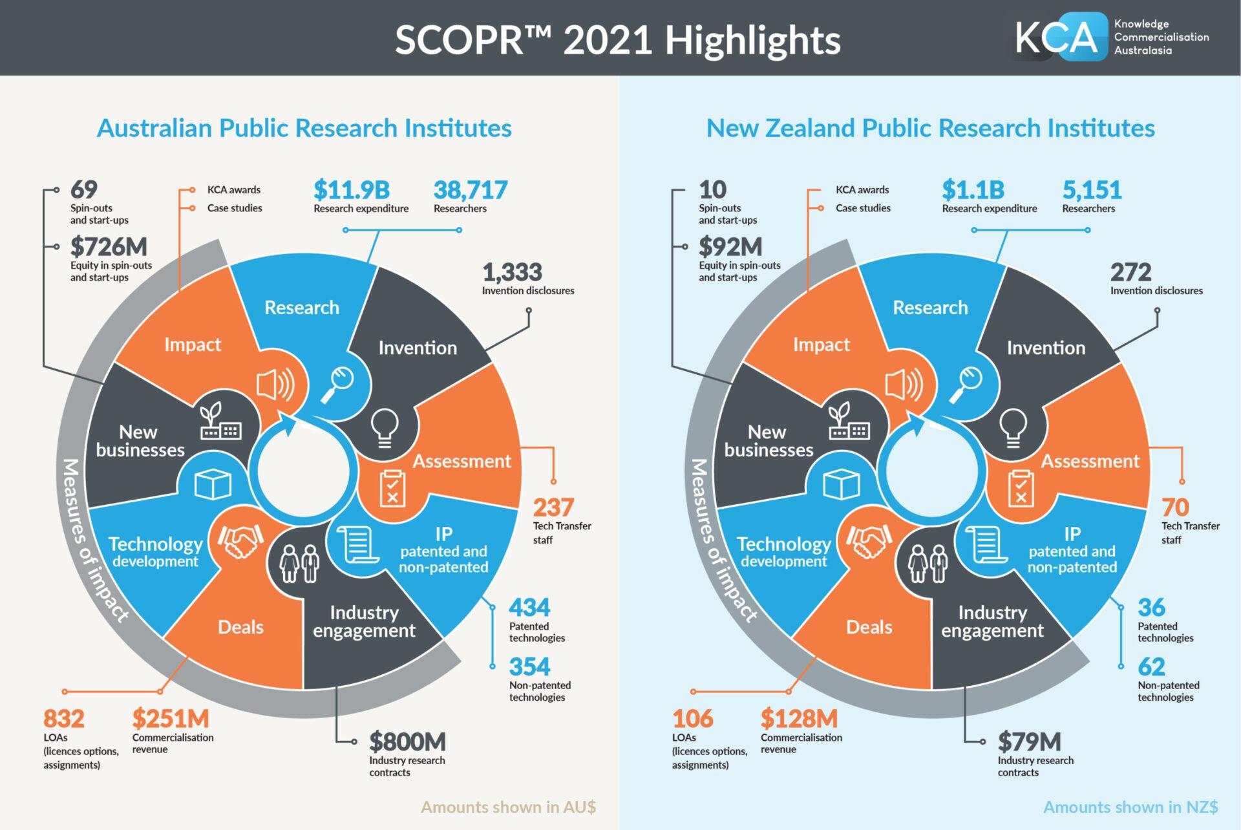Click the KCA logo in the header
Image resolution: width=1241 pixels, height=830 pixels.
tap(1112, 37)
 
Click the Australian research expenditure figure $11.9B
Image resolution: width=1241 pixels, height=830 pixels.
tap(352, 190)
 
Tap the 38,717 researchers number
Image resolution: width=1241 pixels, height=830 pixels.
tap(471, 190)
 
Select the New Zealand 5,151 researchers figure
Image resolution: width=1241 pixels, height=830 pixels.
tap(1092, 190)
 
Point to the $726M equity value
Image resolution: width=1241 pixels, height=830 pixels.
tap(109, 247)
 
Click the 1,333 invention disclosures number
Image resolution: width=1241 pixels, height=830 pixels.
tap(512, 272)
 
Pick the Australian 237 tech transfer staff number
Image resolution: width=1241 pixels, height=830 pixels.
tap(553, 507)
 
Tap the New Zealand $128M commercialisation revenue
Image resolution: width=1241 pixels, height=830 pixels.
tap(799, 719)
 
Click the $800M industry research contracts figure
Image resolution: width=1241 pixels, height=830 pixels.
tap(407, 742)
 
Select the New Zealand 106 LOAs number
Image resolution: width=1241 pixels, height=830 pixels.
tap(692, 719)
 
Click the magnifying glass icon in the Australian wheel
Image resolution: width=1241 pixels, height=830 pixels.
tap(337, 384)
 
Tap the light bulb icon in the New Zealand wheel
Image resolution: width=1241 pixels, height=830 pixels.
tap(1013, 427)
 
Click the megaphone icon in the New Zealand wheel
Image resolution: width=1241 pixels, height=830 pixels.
tap(904, 385)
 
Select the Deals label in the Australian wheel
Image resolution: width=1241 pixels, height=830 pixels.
tap(240, 627)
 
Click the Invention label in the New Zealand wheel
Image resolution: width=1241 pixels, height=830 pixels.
tap(1046, 348)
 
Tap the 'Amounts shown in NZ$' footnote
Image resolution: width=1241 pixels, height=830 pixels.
tap(1130, 807)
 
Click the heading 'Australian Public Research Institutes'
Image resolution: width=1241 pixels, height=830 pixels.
tap(304, 128)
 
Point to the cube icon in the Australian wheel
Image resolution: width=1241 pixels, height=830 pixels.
tap(213, 484)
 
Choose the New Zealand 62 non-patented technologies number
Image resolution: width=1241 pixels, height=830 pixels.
tap(1151, 666)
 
